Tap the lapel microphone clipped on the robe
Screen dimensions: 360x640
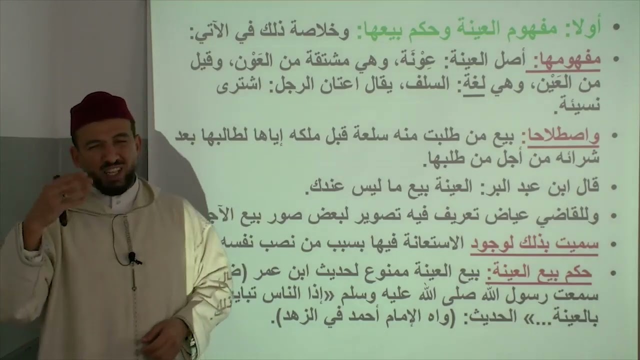pos(133,258)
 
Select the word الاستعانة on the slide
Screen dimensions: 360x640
pos(432,243)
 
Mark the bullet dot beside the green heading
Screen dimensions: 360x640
pos(616,27)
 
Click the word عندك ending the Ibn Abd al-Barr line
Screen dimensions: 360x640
pos(325,187)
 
